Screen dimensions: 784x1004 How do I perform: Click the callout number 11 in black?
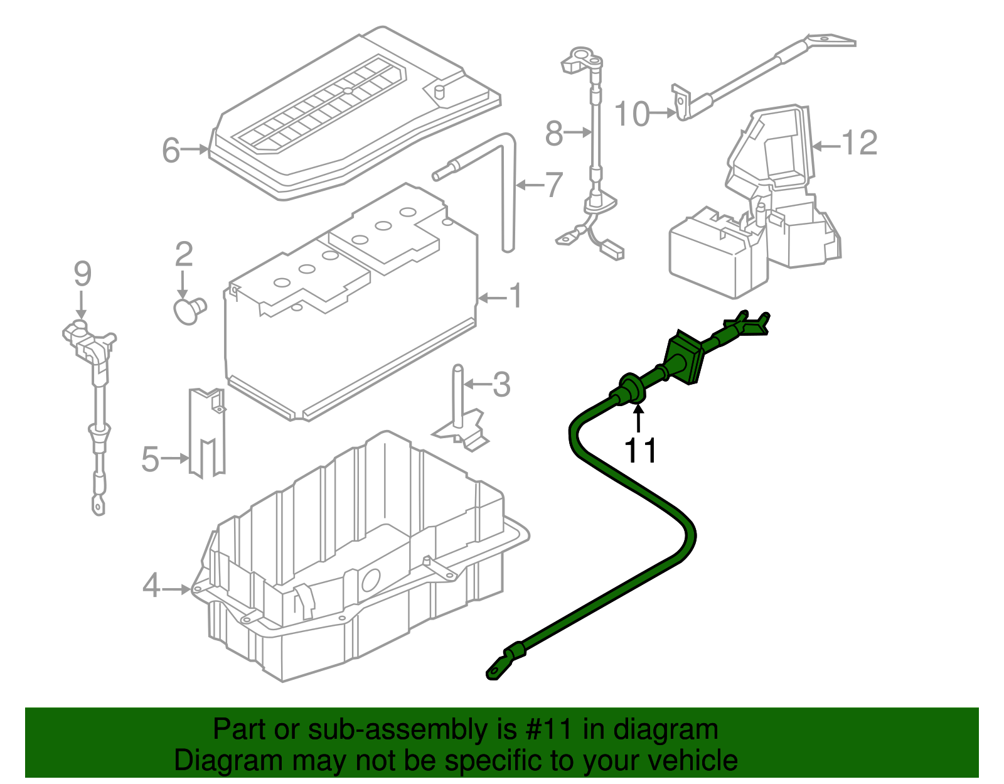[x=640, y=450]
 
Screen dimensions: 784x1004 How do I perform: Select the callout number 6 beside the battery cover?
[x=171, y=151]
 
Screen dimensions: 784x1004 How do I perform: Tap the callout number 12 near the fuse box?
[x=859, y=143]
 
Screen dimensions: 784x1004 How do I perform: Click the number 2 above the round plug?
[x=183, y=254]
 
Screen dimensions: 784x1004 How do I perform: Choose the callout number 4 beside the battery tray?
[x=151, y=587]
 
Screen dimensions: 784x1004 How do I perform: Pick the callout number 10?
[x=631, y=114]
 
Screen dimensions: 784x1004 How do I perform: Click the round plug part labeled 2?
[x=188, y=310]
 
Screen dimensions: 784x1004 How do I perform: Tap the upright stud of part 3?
[x=459, y=395]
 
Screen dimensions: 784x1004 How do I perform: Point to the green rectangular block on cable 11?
[x=685, y=358]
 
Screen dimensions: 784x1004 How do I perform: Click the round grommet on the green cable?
[x=630, y=389]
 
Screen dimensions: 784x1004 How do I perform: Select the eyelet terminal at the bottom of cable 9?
[x=99, y=503]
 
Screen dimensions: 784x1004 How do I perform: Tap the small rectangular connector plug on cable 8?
[x=614, y=251]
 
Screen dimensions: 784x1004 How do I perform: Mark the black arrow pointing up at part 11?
[x=638, y=418]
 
